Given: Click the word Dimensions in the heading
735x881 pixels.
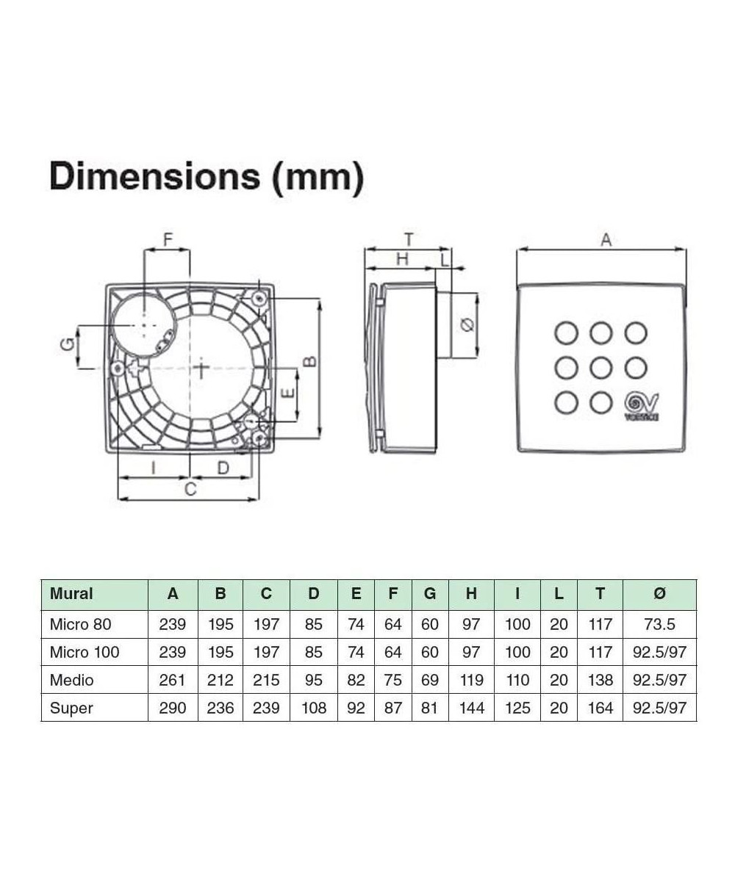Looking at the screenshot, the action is pyautogui.click(x=154, y=177).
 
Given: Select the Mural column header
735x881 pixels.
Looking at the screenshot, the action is pyautogui.click(x=71, y=594).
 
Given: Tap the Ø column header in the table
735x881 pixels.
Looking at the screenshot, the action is pyautogui.click(x=659, y=594).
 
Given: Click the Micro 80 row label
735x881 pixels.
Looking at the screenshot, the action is pyautogui.click(x=80, y=624).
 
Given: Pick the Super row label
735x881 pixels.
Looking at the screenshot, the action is pyautogui.click(x=71, y=708).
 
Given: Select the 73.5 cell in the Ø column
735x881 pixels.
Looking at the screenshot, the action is pyautogui.click(x=659, y=624).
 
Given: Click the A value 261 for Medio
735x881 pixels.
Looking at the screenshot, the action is pyautogui.click(x=172, y=680).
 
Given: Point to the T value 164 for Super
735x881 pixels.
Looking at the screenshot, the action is pyautogui.click(x=600, y=708).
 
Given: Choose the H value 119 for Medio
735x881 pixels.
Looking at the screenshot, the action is pyautogui.click(x=471, y=680).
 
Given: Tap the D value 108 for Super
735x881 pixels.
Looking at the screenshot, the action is pyautogui.click(x=313, y=708).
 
